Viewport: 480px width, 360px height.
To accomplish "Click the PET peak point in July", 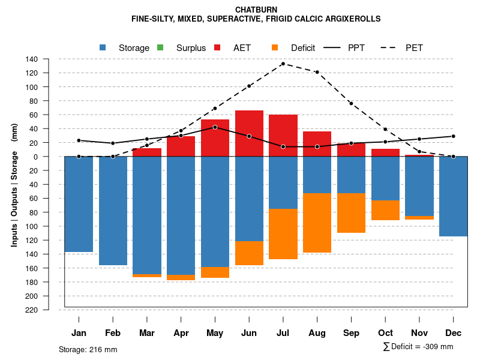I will tap(283, 64).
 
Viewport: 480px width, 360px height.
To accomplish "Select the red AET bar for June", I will tap(249, 133).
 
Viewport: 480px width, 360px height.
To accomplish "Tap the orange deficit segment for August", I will tap(317, 223).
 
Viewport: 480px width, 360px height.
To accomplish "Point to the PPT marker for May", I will tap(215, 127).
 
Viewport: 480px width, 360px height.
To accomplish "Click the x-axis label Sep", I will tap(351, 333).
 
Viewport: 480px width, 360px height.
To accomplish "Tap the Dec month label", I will tap(454, 333).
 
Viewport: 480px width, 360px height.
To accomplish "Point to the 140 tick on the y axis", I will tap(32, 59).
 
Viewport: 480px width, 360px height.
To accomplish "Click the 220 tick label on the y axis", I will tap(32, 310).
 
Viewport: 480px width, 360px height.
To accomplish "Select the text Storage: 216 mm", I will tap(88, 349).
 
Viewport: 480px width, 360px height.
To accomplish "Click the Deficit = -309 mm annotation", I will tap(418, 347).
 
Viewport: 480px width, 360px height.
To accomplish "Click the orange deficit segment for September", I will tap(351, 213).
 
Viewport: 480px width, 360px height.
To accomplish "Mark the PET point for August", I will tap(317, 72).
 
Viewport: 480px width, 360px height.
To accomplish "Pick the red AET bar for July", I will tap(283, 135).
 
